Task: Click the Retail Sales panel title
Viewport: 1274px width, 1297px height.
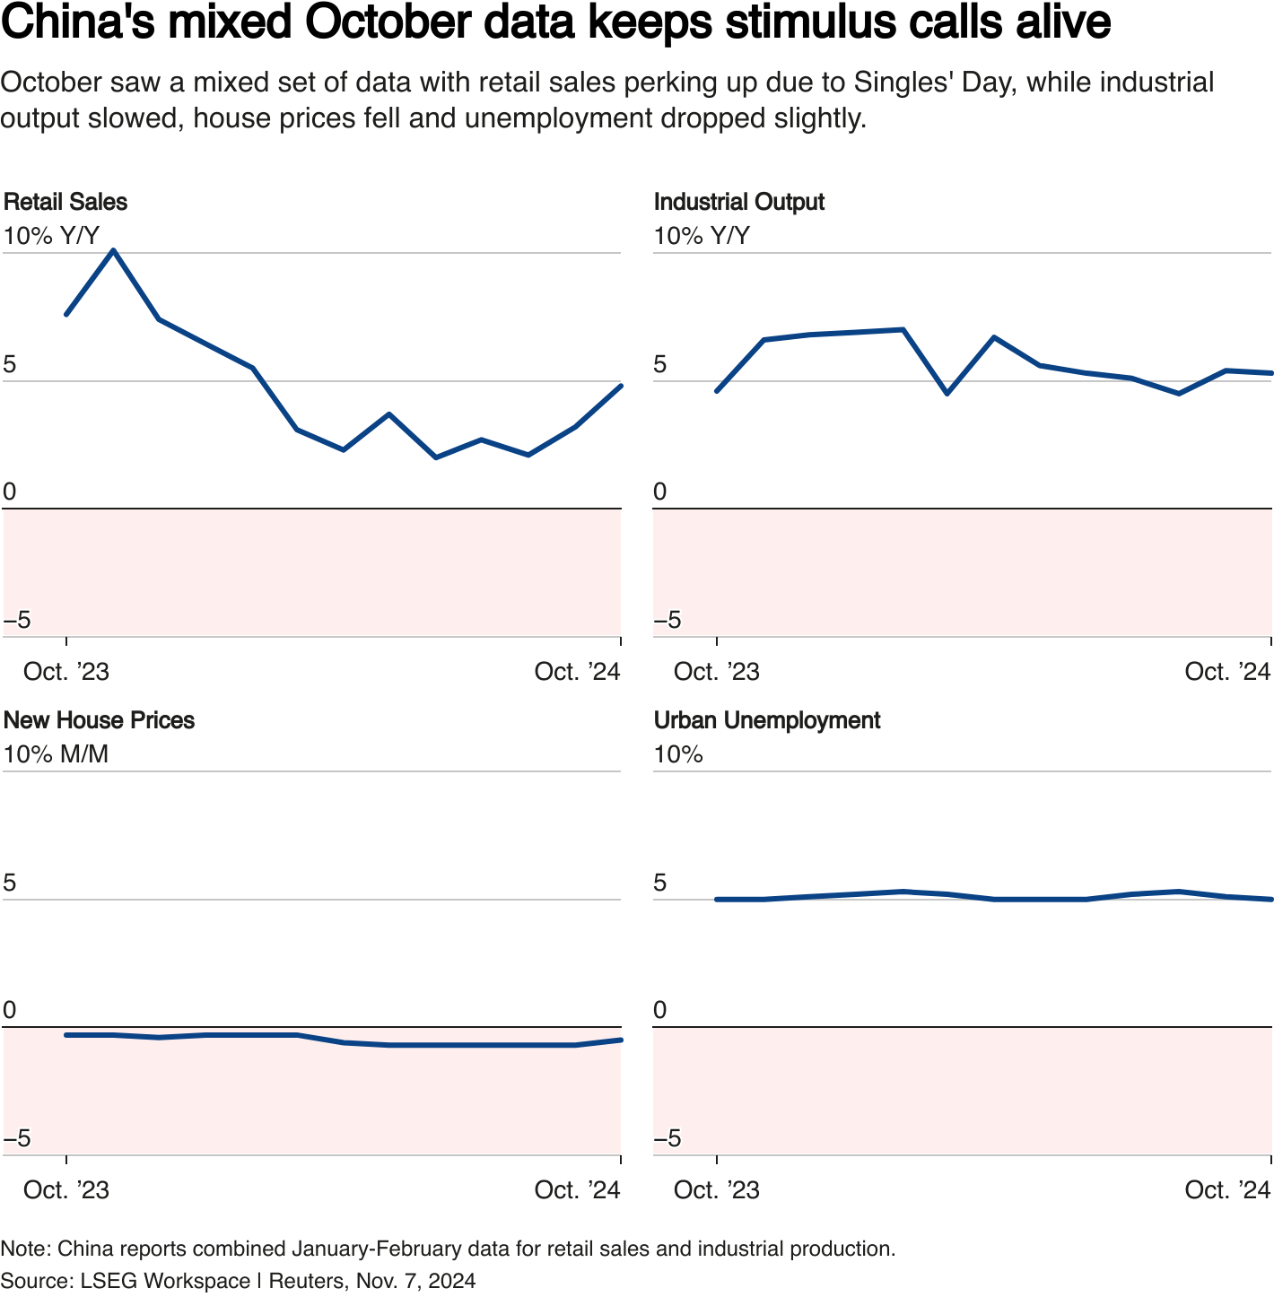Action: tap(65, 202)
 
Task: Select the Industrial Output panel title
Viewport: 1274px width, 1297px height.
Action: tap(738, 202)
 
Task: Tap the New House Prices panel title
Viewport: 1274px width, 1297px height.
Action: tap(99, 720)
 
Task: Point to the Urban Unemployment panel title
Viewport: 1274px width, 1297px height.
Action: tap(767, 720)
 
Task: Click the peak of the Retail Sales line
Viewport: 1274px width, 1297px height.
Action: tap(113, 250)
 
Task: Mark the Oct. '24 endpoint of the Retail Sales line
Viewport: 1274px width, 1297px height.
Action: tap(621, 386)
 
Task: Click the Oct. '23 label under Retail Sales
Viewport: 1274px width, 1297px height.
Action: tap(66, 672)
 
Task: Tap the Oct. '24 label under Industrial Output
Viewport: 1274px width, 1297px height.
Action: tap(1227, 672)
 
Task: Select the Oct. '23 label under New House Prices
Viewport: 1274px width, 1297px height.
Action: tap(66, 1190)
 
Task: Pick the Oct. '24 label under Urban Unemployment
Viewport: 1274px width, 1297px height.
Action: tap(1227, 1190)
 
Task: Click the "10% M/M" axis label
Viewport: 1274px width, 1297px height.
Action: tap(56, 754)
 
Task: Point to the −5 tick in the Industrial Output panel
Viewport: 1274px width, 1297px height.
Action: tap(668, 620)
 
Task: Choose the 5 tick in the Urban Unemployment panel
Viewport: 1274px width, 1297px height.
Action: tap(660, 884)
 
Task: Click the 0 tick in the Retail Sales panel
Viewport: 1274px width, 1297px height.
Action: tap(10, 492)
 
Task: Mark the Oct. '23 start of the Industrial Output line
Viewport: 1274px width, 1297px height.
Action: tap(716, 391)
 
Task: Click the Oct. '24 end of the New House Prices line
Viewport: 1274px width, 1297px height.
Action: tap(621, 1040)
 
